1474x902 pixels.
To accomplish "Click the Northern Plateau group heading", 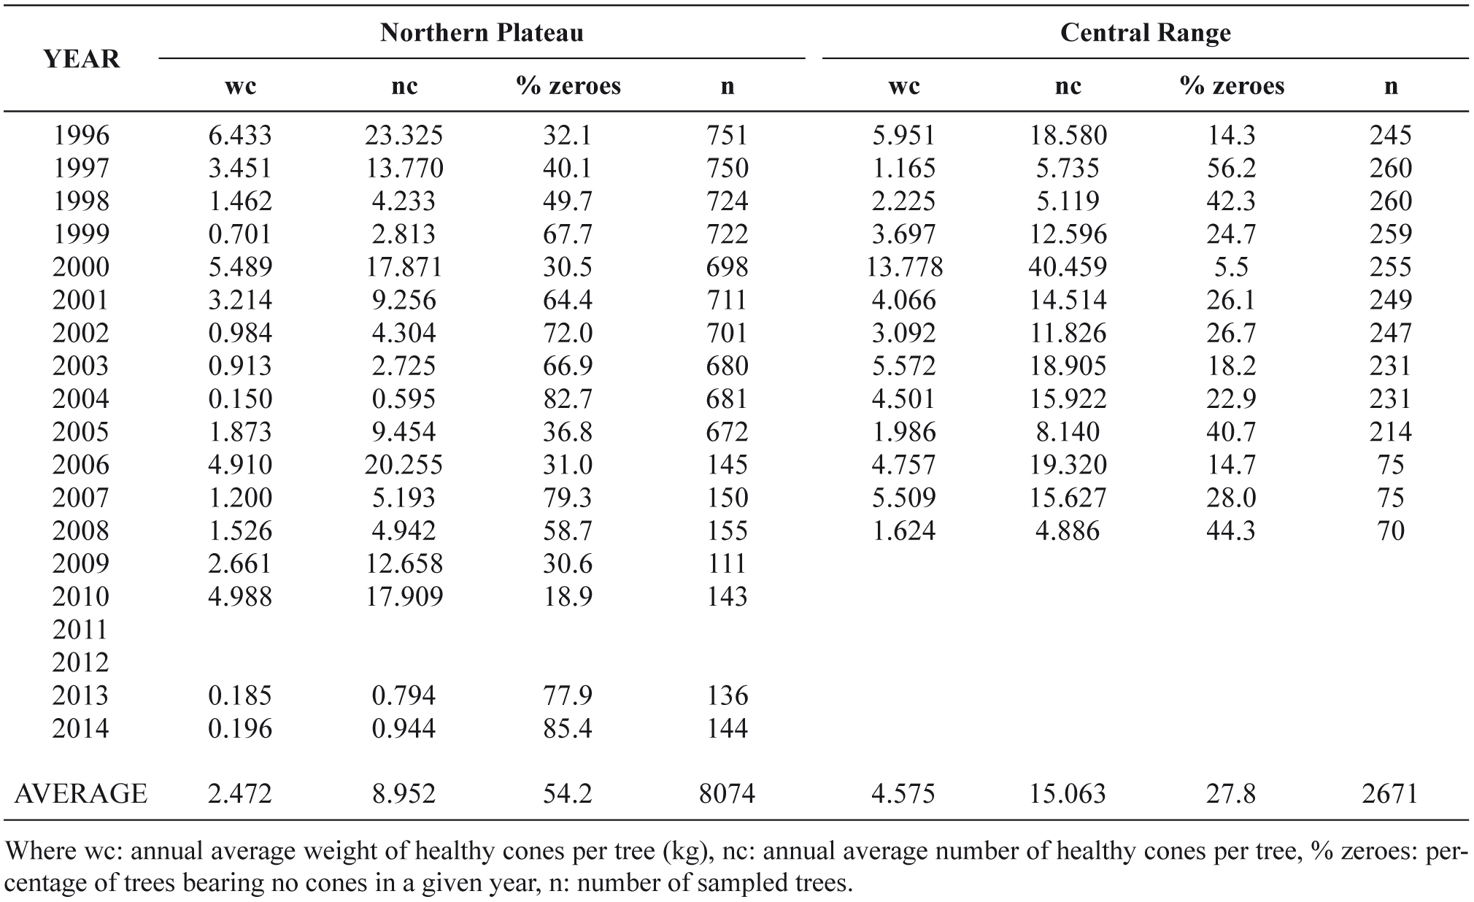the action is (x=482, y=33).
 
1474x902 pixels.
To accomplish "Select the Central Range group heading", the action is (x=1145, y=33).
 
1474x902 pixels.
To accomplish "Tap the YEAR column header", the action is (x=81, y=59).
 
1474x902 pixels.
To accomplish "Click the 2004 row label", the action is (x=81, y=398).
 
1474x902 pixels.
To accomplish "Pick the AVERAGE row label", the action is (x=81, y=793).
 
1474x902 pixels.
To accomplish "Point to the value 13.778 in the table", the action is (x=904, y=267).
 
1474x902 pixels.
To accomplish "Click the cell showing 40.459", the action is (x=1068, y=267).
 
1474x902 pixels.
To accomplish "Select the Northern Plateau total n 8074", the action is (x=727, y=793).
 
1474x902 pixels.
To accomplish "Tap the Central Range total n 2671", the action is (x=1390, y=793).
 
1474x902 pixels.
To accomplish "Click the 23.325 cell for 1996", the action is (x=404, y=135).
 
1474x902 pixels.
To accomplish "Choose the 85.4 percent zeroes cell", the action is (x=568, y=728).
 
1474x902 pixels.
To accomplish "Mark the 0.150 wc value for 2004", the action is (x=240, y=398).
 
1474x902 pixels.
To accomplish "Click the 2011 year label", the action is (x=81, y=629).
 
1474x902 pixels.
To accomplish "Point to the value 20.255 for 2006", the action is (x=404, y=465).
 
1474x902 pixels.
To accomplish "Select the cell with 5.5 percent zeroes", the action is (x=1231, y=267).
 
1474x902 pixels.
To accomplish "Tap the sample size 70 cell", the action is (x=1390, y=531).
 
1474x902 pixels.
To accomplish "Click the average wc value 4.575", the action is (x=903, y=793).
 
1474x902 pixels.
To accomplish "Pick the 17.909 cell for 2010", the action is (x=404, y=596).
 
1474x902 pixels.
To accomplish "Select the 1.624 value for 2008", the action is (x=903, y=531).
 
